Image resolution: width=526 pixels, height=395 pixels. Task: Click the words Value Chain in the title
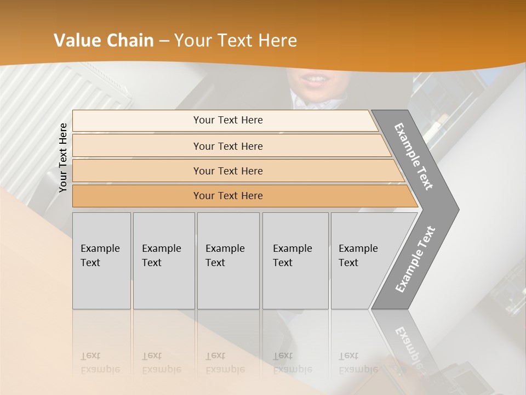point(104,41)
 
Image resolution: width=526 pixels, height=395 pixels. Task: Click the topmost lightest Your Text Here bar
point(227,120)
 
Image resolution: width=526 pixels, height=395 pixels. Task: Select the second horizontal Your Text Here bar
point(227,146)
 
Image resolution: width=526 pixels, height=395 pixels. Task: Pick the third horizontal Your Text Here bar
point(227,171)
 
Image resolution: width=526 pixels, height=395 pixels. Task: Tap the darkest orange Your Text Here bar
point(227,196)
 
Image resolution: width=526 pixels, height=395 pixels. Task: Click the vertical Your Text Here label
point(63,157)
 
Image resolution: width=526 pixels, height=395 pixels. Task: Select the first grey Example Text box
point(101,260)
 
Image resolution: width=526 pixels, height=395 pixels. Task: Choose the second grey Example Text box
point(163,260)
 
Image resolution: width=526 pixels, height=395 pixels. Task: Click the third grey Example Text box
point(228,260)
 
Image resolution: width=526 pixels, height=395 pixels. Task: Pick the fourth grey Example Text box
point(295,260)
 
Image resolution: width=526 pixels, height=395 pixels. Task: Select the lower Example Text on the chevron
point(415,259)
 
